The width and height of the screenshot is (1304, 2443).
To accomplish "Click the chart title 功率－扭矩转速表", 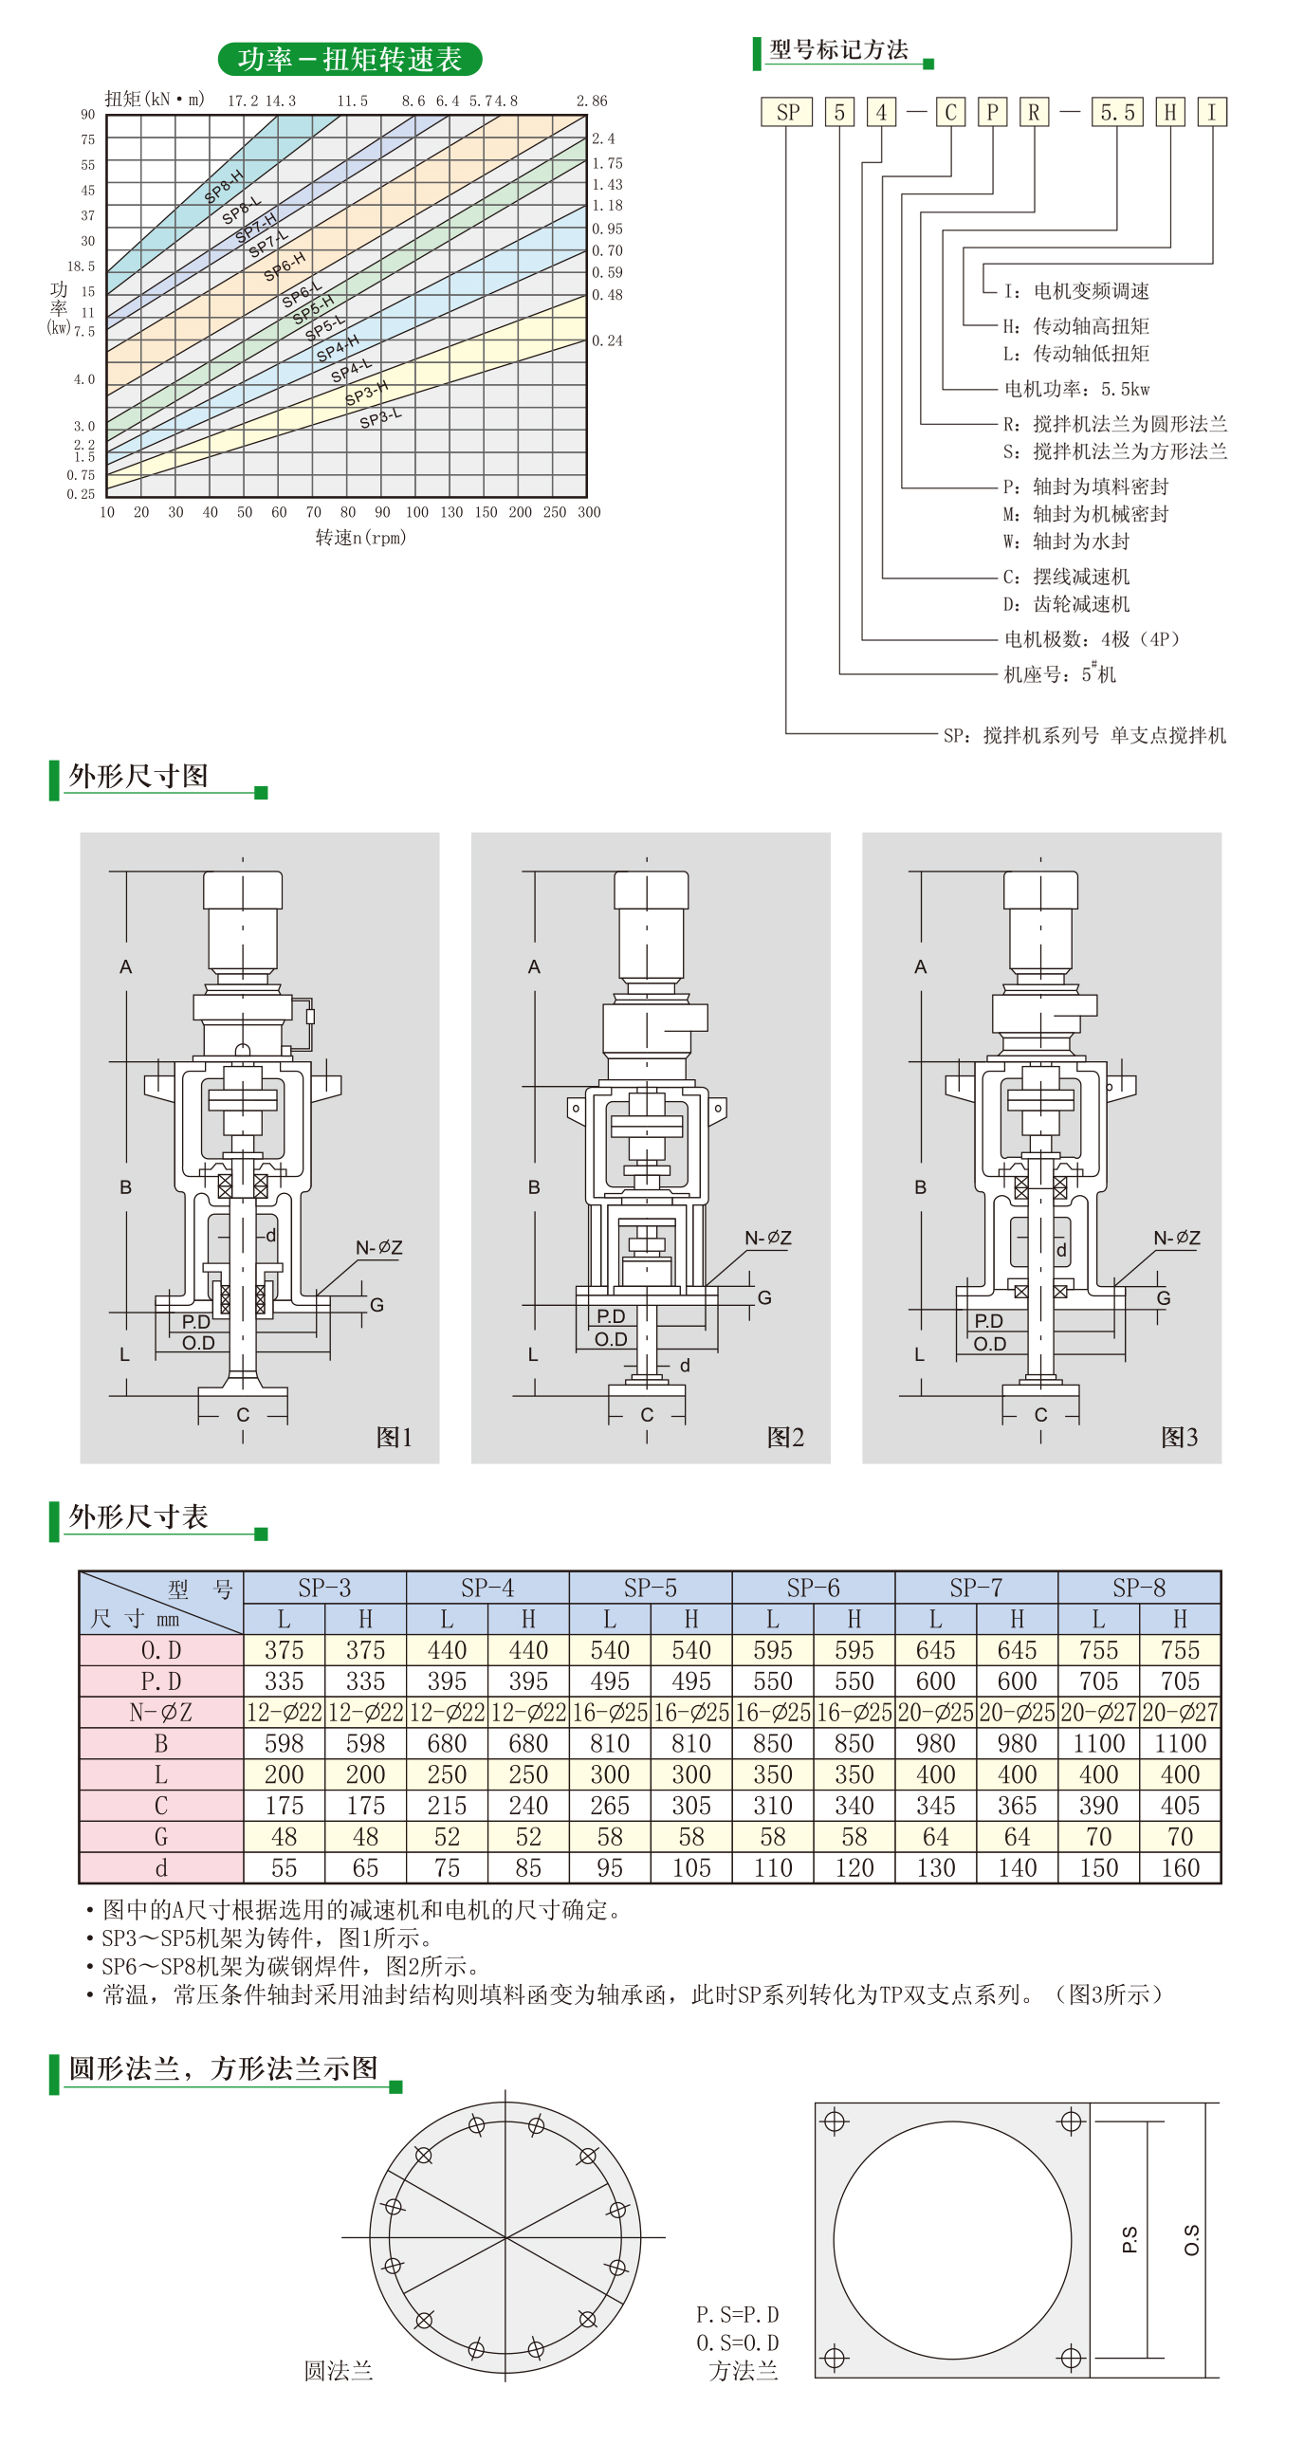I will (x=350, y=59).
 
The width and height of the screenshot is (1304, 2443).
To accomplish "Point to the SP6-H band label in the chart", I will (x=285, y=266).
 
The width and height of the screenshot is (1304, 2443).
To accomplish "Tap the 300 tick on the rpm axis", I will (x=589, y=512).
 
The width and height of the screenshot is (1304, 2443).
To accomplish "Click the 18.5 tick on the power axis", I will (x=81, y=266).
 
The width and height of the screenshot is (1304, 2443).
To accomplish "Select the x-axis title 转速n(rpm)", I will (x=360, y=538).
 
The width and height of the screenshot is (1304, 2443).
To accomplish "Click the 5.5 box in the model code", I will (x=1117, y=113).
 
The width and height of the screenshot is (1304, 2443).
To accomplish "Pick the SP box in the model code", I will (x=787, y=113).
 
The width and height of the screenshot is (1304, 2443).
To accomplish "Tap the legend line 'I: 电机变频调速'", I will (x=1076, y=291).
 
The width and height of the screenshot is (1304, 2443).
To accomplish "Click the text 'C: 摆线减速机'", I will (x=1066, y=577).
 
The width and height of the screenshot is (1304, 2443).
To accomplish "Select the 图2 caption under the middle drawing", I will (x=785, y=1438).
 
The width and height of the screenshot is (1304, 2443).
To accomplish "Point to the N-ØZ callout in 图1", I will (x=379, y=1248).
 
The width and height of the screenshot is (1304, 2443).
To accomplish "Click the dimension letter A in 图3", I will (x=920, y=967).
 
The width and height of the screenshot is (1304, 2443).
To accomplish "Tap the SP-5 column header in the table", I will (x=651, y=1588).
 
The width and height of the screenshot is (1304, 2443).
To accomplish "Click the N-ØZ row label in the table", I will (x=161, y=1712).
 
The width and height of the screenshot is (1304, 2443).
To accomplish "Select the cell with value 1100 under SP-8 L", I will (x=1098, y=1743).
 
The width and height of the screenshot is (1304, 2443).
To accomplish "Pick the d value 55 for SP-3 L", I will (x=285, y=1867).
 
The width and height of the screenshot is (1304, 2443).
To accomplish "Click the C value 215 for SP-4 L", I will (x=447, y=1806).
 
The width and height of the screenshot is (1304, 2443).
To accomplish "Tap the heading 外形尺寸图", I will (x=138, y=776).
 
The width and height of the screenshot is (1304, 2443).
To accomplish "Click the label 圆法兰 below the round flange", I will (x=339, y=2371).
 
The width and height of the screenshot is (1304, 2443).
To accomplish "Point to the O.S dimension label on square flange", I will (x=1192, y=2240).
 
